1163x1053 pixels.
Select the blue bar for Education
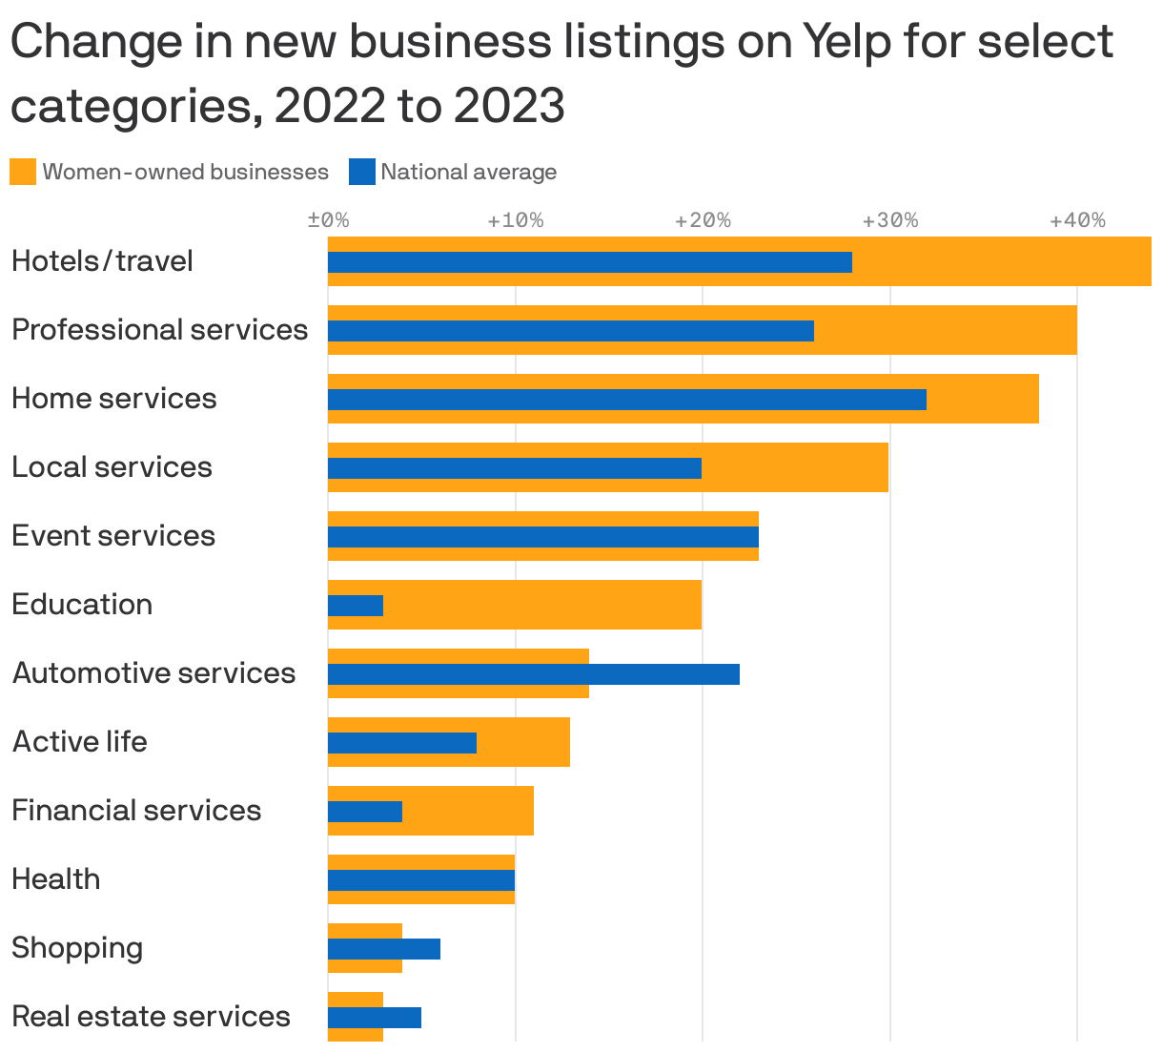tap(356, 606)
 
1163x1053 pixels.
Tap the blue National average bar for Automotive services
tap(533, 674)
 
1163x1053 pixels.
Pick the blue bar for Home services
tap(626, 400)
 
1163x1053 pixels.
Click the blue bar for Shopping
tap(383, 949)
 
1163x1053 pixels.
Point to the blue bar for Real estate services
tap(374, 1018)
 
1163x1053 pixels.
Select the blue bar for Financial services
tap(364, 812)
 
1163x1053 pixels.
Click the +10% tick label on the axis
tap(515, 221)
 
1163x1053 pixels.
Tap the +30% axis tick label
tap(889, 221)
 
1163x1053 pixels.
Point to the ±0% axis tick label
tap(328, 221)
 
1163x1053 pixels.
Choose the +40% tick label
tap(1077, 221)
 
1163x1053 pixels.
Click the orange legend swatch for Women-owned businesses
tap(23, 172)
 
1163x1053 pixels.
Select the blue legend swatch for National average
tap(361, 172)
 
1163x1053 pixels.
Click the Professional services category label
tap(159, 330)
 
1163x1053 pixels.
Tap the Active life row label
tap(80, 742)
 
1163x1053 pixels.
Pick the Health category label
tap(55, 879)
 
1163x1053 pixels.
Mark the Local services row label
tap(112, 467)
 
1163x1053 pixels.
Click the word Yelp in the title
tap(854, 42)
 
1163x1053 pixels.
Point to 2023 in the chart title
tap(509, 105)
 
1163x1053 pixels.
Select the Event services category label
tap(113, 536)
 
